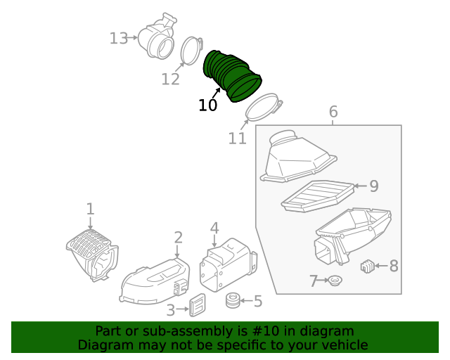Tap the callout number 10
(207, 105)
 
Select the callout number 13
(119, 38)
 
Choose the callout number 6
(333, 112)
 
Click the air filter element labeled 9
(316, 195)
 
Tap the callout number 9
(374, 186)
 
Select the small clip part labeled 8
(367, 266)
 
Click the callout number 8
(393, 266)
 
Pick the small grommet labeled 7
(335, 281)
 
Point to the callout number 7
(314, 281)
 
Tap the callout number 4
(214, 228)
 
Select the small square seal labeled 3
(198, 304)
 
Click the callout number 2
(179, 237)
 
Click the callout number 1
(90, 208)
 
